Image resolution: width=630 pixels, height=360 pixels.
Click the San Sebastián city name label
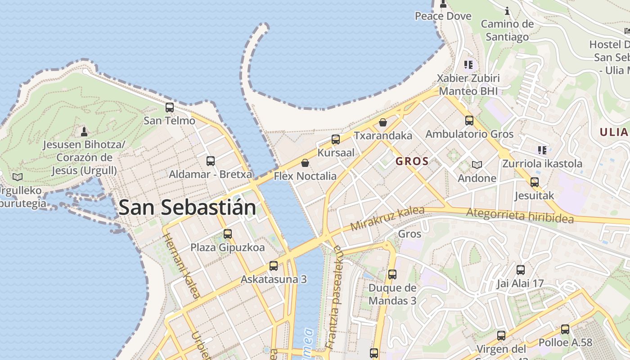(187, 207)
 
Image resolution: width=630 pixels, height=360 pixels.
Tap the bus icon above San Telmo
(170, 108)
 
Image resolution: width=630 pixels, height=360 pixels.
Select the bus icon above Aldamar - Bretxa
(210, 161)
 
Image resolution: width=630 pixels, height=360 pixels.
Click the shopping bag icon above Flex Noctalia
(305, 162)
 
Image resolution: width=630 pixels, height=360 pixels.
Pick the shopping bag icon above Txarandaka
(383, 122)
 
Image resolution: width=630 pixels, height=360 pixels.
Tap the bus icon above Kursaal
(336, 139)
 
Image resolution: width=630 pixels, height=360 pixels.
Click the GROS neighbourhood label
(412, 161)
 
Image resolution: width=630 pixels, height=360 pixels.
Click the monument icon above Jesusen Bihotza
(84, 131)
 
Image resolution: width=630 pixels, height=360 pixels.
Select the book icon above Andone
(477, 165)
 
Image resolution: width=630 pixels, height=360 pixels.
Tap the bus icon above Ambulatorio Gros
(469, 121)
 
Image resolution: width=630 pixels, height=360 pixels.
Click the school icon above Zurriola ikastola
(542, 150)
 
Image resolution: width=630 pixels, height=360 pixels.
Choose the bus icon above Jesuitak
(534, 182)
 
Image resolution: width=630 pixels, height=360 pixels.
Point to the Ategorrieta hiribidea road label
(520, 216)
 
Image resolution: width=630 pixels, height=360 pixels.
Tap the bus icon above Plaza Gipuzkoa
(228, 234)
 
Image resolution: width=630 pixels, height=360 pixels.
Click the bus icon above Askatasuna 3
(274, 265)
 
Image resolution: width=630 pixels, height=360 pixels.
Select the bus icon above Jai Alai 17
(521, 270)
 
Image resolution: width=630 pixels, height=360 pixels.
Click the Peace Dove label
(443, 16)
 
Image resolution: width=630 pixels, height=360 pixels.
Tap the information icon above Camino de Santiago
(507, 11)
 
